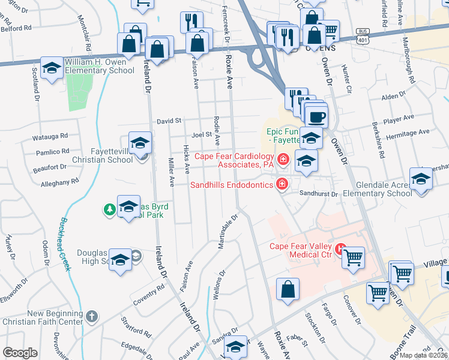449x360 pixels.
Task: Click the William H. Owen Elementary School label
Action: (x=99, y=66)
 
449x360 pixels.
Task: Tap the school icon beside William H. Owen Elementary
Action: (x=52, y=68)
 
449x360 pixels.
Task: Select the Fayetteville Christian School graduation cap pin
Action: (x=140, y=143)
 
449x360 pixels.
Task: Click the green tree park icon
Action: (x=109, y=209)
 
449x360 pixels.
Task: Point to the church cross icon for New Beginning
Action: (x=91, y=316)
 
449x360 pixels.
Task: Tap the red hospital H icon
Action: (x=340, y=247)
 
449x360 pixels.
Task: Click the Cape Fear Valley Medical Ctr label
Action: (x=301, y=250)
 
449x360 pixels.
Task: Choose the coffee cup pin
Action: (x=316, y=116)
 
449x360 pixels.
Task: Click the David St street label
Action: (x=169, y=121)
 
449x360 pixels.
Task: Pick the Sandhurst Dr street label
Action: (x=319, y=194)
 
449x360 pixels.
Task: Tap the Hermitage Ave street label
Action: (x=408, y=133)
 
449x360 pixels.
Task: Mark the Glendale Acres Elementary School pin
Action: (x=421, y=179)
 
